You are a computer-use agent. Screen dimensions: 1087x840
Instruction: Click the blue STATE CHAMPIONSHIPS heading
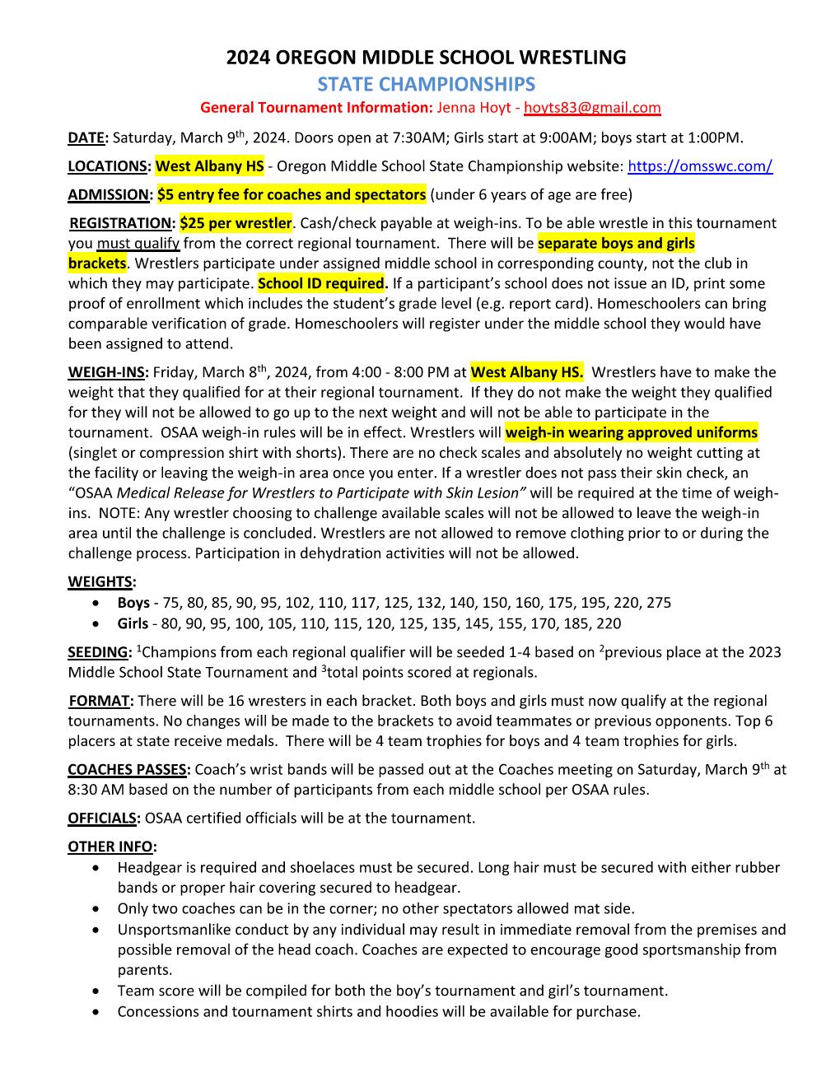tap(426, 84)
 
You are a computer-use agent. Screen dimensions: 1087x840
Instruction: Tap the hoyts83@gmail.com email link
tap(592, 108)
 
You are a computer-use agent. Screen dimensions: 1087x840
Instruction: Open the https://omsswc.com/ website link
tap(699, 166)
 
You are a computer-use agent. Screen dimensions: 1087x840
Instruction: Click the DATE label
tap(86, 138)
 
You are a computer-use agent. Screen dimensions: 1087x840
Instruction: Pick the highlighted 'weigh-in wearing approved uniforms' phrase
tap(631, 432)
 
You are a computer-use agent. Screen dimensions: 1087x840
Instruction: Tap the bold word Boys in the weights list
tap(133, 603)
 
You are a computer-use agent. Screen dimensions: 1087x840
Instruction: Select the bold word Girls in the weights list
tap(133, 623)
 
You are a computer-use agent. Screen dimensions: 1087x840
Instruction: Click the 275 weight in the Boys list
tap(659, 603)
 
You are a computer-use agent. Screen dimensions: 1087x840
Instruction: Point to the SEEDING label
tap(98, 652)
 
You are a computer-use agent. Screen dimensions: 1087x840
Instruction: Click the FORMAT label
tap(100, 701)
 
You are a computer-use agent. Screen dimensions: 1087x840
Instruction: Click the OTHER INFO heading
tap(111, 847)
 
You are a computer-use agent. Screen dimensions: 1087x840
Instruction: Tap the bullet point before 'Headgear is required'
tap(99, 868)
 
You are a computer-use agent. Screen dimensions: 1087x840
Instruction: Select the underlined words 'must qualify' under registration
tap(138, 244)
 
